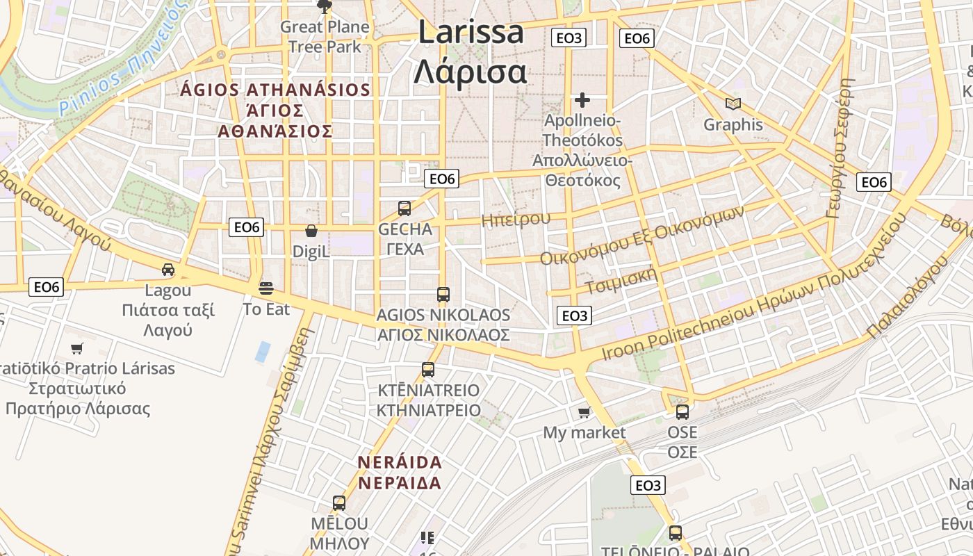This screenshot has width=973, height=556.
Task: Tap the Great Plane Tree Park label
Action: point(325,37)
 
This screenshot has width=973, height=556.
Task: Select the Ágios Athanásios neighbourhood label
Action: point(275,111)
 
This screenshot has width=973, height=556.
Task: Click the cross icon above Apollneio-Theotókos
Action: point(582,100)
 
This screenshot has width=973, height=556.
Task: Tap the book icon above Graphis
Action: point(733,104)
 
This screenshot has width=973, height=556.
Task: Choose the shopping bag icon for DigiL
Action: point(311,230)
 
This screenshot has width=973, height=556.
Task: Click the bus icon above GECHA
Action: point(404,208)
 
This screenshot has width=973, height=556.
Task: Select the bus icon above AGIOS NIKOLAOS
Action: point(443,294)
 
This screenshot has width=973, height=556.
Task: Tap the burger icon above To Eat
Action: point(265,288)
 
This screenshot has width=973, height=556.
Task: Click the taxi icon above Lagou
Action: point(167,270)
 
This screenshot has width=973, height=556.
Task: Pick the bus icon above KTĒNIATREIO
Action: point(428,369)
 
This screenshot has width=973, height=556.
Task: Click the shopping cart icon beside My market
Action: point(584,412)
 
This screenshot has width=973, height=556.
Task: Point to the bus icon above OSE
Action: point(682,411)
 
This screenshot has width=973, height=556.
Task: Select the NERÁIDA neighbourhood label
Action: point(400,473)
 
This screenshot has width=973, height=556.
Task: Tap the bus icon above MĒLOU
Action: point(339,502)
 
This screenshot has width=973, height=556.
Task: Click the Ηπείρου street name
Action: point(516,220)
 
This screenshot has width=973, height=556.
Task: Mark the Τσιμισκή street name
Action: point(621,279)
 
